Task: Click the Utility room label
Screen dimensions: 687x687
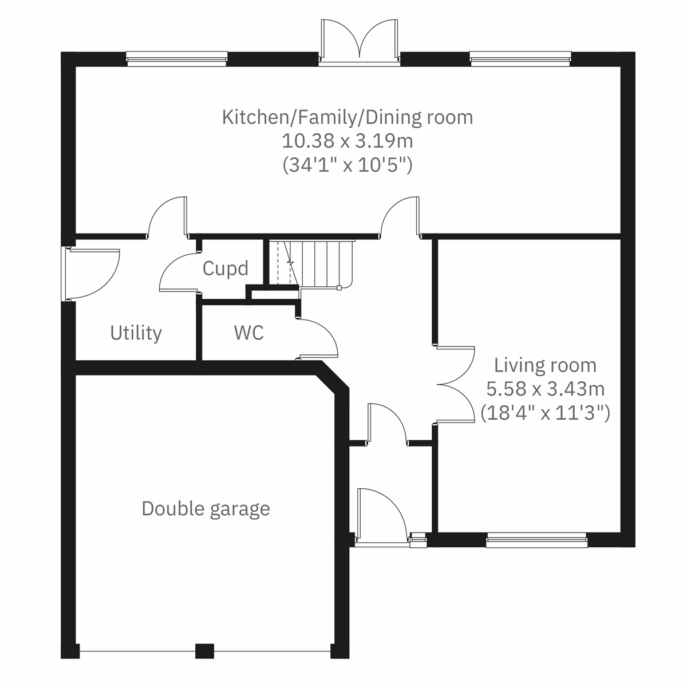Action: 136,333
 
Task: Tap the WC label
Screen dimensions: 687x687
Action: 249,333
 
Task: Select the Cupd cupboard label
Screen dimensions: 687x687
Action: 226,269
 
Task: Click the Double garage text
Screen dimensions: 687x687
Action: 206,508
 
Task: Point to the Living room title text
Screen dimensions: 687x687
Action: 545,365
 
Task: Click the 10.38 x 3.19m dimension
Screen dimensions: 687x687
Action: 347,141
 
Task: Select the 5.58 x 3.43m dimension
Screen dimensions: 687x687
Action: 545,389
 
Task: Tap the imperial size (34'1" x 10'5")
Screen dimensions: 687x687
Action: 347,165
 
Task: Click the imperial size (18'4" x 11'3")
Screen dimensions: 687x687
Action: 545,413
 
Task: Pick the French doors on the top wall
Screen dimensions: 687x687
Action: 360,41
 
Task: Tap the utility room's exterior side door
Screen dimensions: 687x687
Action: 92,274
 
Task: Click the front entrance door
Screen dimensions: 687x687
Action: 381,515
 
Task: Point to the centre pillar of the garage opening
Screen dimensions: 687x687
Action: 204,651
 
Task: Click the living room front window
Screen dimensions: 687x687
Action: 536,540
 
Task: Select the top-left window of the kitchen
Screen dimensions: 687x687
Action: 176,58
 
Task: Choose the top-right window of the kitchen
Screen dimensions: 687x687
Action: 520,58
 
